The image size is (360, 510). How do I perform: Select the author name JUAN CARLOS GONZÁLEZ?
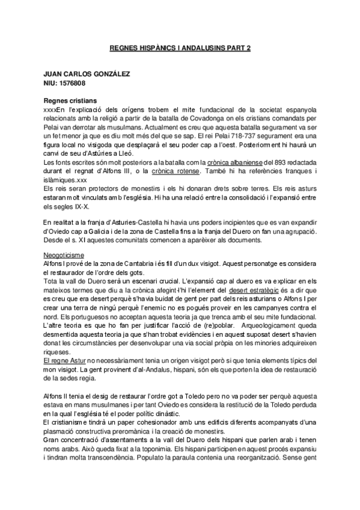[x=87, y=74]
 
